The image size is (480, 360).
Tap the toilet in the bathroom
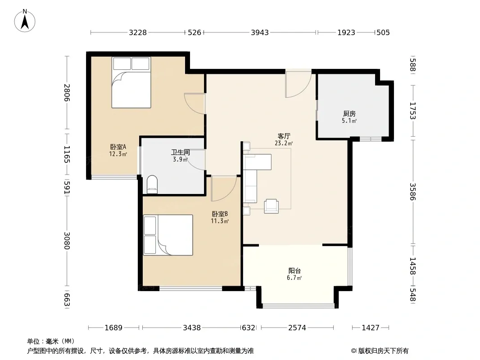pos(152,184)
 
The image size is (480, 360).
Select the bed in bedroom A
pos(131,82)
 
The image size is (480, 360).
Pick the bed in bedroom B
pos(168,235)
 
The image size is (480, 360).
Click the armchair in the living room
pos(271,206)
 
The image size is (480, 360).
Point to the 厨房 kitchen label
pos(349,114)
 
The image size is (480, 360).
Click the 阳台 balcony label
pos(294,271)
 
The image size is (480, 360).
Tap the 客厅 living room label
pos(284,136)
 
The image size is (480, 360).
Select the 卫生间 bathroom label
pos(180,152)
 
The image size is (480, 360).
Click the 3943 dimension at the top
pos(260,32)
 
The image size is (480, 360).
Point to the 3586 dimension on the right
pos(413,191)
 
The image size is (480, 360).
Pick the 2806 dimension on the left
pos(67,93)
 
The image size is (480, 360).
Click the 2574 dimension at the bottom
pos(297,328)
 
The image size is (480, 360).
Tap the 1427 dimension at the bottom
pos(371,328)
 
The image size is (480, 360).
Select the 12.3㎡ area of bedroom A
pos(118,154)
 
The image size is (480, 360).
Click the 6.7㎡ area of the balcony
pos(294,278)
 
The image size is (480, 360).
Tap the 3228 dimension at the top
pos(138,32)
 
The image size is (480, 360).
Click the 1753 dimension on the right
pos(413,111)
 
